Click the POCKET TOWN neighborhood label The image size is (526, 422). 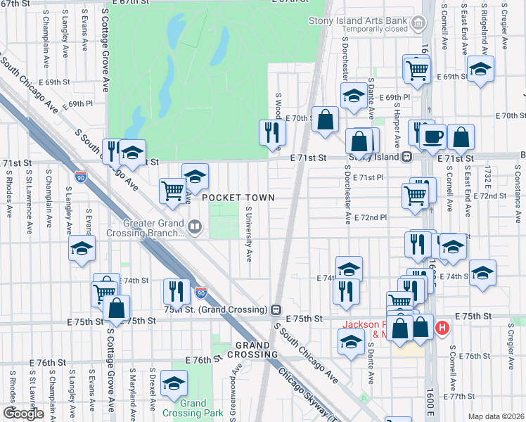238,198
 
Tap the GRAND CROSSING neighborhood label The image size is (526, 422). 252,350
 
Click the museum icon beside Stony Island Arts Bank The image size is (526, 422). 420,24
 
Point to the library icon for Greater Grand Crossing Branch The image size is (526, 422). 195,227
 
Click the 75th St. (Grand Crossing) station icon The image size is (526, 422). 277,309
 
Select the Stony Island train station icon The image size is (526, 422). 406,158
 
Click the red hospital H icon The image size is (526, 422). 442,327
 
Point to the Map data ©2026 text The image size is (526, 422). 496,416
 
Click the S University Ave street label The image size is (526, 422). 249,233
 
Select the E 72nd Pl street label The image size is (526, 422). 371,218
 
